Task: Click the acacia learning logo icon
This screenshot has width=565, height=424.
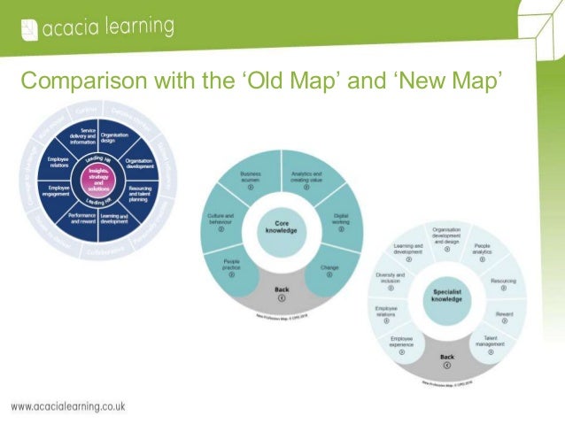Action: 29,29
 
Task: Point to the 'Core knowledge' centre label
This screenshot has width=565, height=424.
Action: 281,227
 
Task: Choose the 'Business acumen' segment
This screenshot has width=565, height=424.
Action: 249,181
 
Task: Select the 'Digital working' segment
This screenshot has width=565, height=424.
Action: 338,217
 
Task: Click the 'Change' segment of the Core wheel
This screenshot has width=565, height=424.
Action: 329,266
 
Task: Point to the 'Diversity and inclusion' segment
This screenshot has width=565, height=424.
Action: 390,281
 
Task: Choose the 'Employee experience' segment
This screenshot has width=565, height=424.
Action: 400,343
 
